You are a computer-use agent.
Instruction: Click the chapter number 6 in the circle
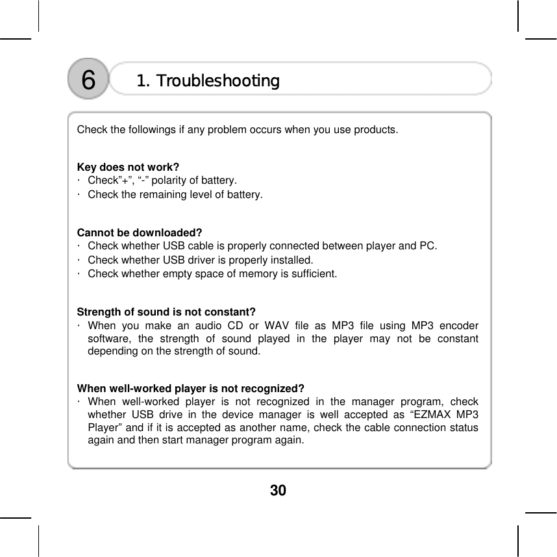(x=88, y=80)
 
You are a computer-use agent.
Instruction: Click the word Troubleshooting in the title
(x=218, y=81)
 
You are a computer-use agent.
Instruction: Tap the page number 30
(x=278, y=490)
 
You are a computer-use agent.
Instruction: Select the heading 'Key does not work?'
(x=129, y=167)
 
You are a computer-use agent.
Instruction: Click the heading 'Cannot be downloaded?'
(x=140, y=232)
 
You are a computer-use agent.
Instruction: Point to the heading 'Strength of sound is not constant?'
(x=166, y=311)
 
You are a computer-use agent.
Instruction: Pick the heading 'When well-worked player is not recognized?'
(x=191, y=389)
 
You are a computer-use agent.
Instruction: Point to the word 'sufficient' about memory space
(x=316, y=273)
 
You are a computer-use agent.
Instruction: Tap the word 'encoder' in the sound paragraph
(x=459, y=325)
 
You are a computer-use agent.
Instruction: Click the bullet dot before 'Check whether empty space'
(x=78, y=273)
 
